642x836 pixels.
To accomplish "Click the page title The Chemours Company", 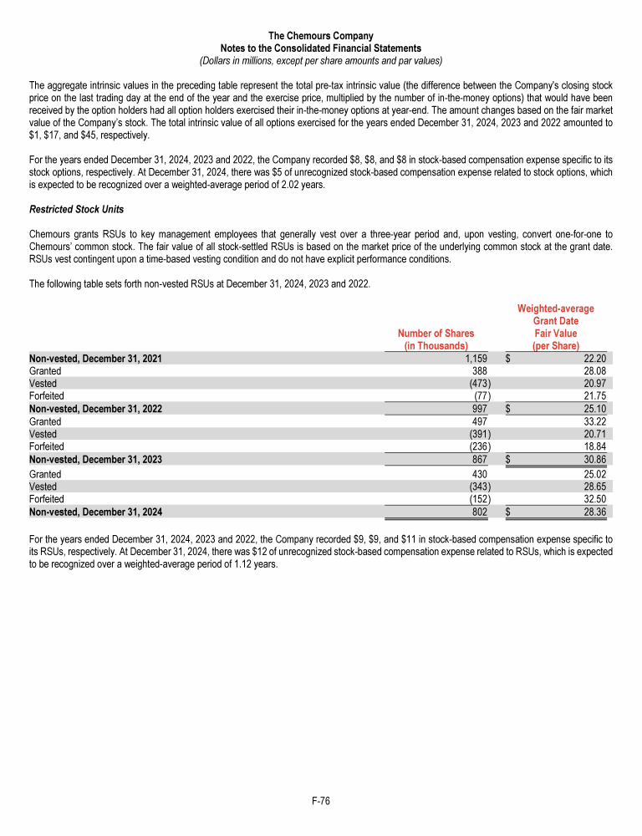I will (321, 36).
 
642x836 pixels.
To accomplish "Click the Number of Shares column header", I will (436, 339).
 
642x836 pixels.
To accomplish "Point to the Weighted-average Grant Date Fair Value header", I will (555, 327).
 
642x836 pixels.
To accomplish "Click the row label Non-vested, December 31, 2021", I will (95, 358).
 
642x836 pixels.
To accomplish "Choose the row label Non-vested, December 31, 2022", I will (95, 409).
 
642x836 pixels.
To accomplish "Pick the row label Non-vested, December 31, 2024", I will (95, 512).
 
